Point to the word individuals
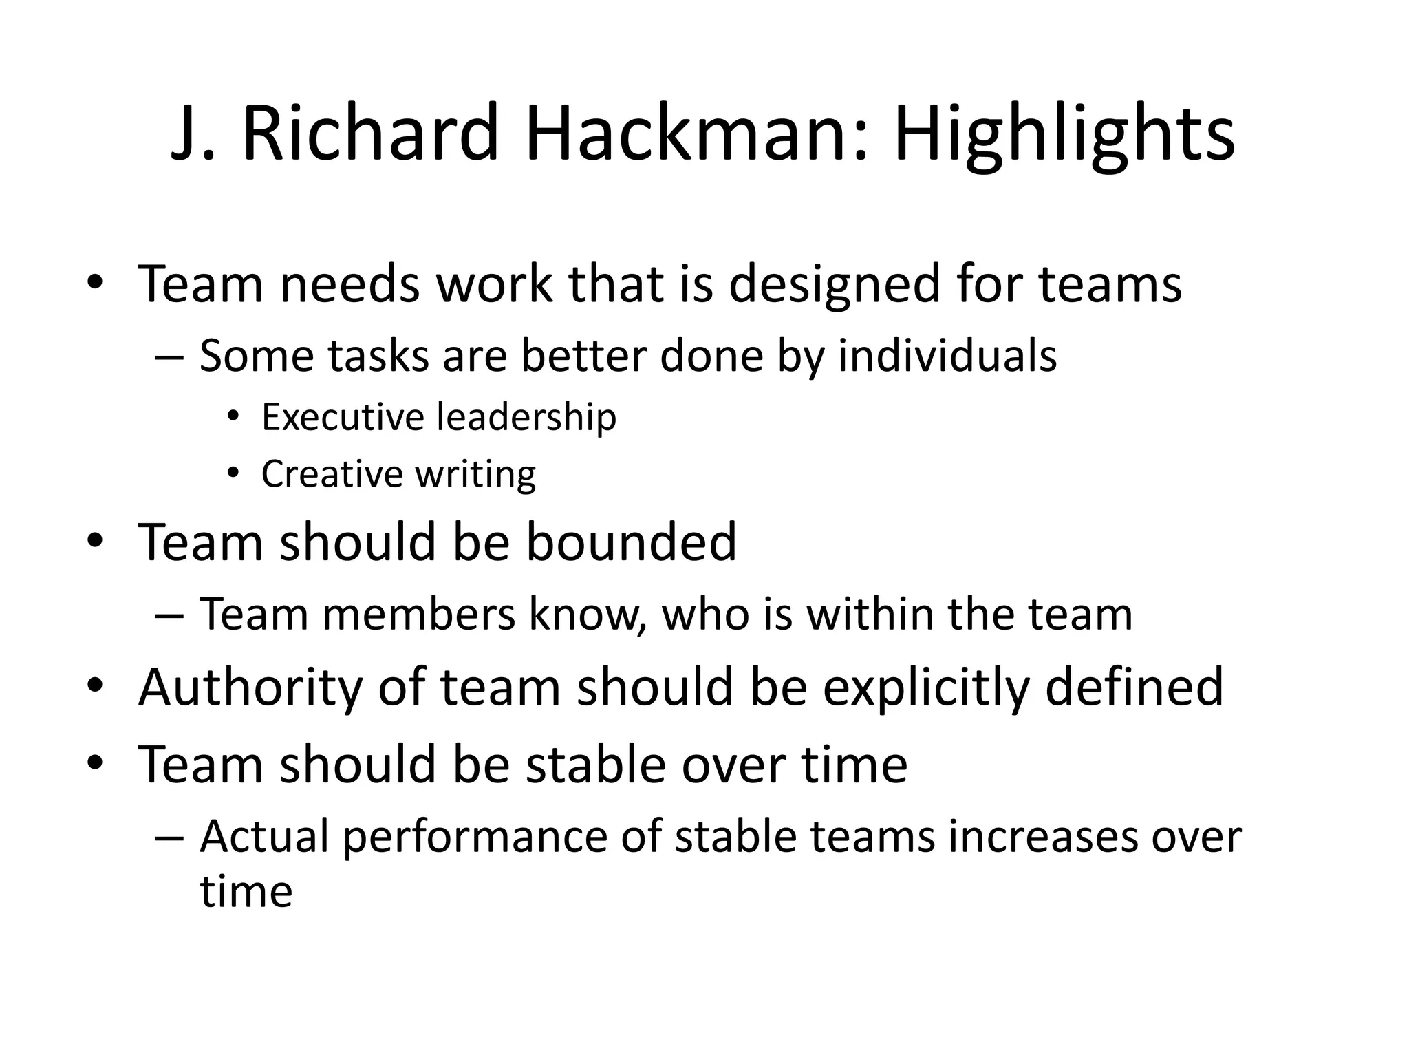947,356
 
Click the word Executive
343,417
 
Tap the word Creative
332,474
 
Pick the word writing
476,474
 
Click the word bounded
631,542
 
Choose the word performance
475,837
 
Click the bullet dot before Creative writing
234,472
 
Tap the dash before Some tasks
169,357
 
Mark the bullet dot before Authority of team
95,685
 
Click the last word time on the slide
246,891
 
